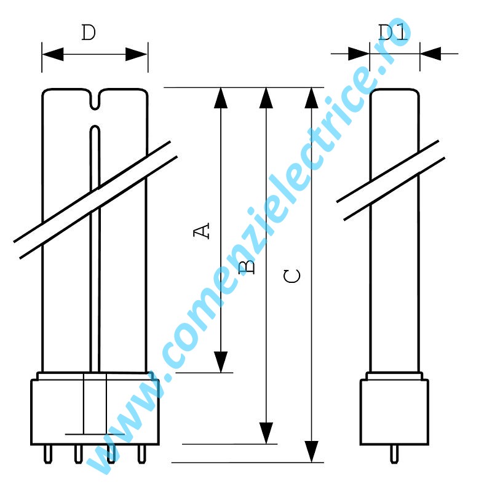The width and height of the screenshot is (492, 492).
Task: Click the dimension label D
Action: click(89, 33)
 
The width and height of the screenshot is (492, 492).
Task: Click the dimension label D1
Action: click(394, 33)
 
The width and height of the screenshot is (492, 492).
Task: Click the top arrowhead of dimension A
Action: click(220, 98)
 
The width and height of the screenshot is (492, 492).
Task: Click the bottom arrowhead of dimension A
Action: click(220, 362)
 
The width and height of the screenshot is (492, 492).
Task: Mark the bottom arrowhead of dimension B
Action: click(266, 433)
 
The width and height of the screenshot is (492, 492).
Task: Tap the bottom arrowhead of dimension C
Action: click(312, 452)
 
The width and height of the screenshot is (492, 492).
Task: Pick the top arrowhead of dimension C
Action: click(312, 98)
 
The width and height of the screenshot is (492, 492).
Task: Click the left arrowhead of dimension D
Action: click(53, 54)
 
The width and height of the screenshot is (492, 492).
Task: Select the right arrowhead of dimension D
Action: click(137, 54)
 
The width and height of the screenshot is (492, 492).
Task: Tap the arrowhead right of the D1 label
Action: click(432, 54)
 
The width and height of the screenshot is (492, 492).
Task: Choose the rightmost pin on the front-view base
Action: click(142, 454)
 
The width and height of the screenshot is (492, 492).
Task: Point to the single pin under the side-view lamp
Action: click(394, 454)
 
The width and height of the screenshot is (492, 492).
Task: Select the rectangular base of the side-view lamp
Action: click(394, 411)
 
